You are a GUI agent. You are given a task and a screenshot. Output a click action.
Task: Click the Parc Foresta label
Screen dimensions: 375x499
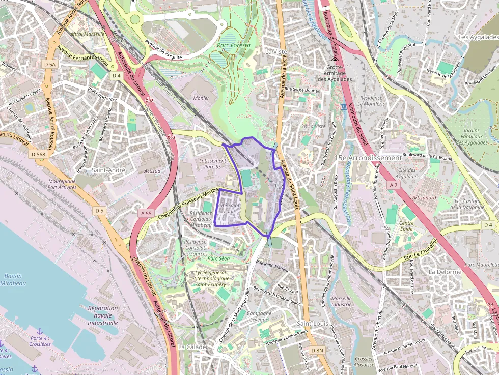click(234, 45)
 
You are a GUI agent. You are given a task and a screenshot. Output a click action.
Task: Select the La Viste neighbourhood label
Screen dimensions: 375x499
click(276, 52)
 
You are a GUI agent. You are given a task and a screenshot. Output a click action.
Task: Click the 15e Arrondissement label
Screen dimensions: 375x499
click(368, 158)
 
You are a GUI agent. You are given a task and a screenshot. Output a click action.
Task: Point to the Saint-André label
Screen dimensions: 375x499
click(108, 170)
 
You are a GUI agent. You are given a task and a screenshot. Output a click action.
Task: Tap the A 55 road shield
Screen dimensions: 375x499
click(146, 213)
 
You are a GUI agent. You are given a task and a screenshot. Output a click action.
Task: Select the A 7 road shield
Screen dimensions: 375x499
click(393, 186)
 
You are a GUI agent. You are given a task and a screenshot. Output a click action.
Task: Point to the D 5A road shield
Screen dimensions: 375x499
click(49, 65)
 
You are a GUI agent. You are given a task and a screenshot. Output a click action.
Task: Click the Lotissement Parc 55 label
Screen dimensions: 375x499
click(210, 163)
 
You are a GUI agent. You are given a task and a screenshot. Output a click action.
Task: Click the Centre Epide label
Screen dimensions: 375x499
click(406, 226)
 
